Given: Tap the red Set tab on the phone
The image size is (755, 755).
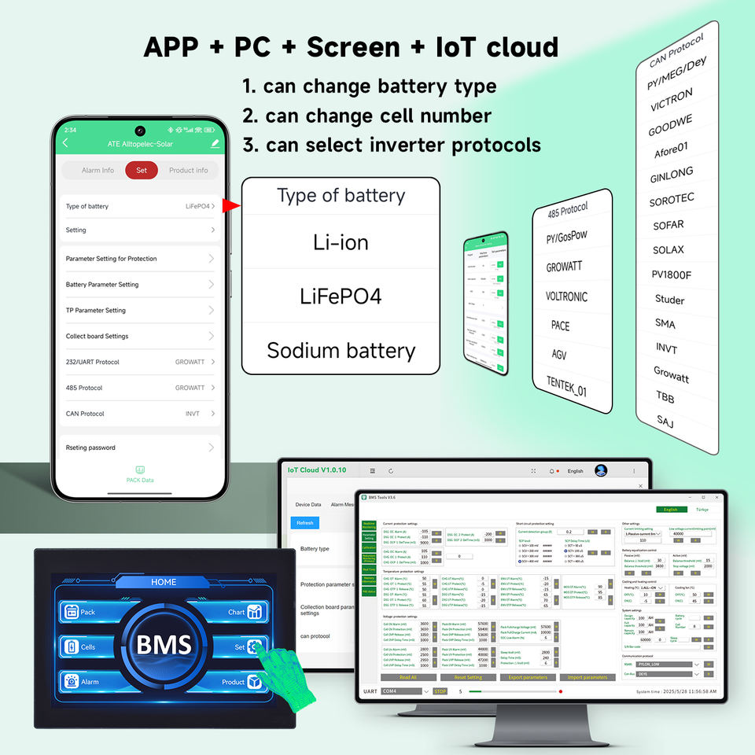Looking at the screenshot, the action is pyautogui.click(x=142, y=170).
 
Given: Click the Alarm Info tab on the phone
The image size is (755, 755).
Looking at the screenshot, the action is pyautogui.click(x=98, y=170).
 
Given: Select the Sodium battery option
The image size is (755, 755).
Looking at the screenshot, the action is pyautogui.click(x=341, y=350).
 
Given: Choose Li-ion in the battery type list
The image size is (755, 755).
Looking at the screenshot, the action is pyautogui.click(x=341, y=242).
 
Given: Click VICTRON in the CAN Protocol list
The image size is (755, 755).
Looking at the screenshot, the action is pyautogui.click(x=672, y=100).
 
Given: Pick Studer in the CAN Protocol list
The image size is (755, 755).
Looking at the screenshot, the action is pyautogui.click(x=669, y=300).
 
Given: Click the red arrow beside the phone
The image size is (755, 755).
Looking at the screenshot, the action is pyautogui.click(x=230, y=207).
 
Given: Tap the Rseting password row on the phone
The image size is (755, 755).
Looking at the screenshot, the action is pyautogui.click(x=140, y=447).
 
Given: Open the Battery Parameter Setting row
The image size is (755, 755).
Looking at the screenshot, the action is pyautogui.click(x=140, y=285).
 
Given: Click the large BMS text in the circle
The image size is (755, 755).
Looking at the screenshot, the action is pyautogui.click(x=164, y=645).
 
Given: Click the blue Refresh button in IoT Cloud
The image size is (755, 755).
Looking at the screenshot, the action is pyautogui.click(x=304, y=522).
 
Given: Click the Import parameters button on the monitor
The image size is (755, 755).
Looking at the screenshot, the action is pyautogui.click(x=587, y=677).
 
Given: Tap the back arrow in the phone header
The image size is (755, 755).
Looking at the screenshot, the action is pyautogui.click(x=65, y=143).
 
